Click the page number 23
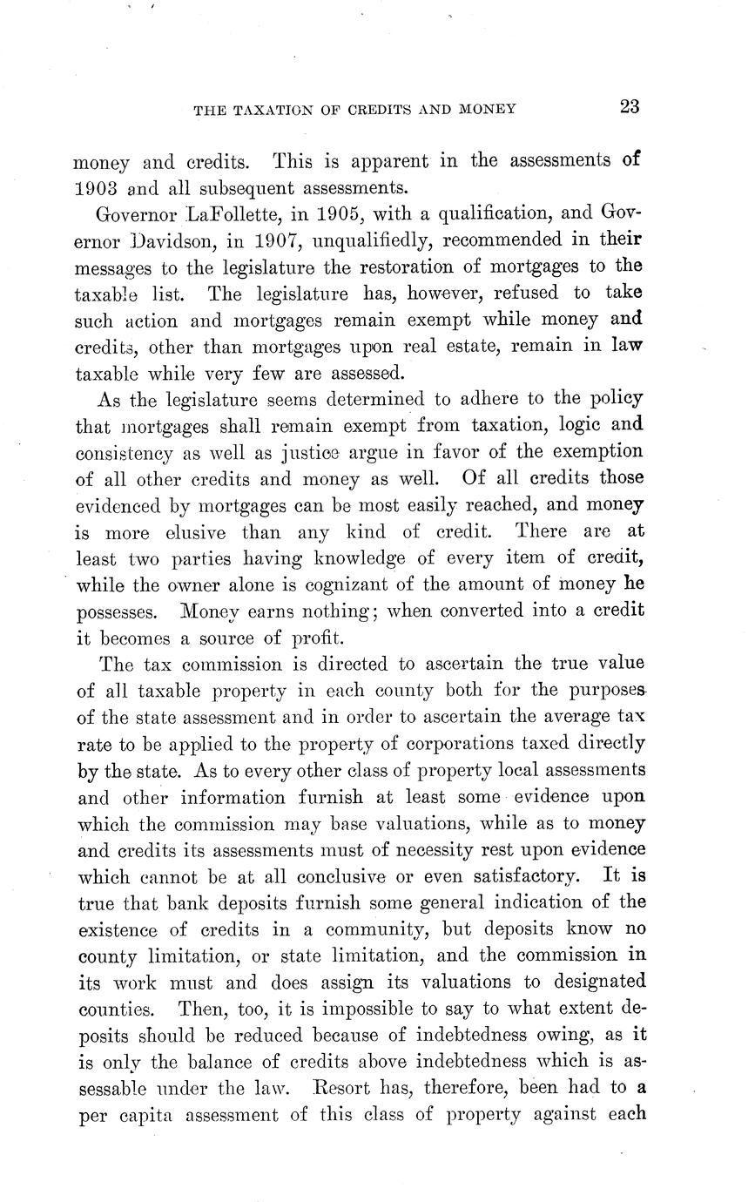[630, 108]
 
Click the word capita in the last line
[151, 1115]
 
